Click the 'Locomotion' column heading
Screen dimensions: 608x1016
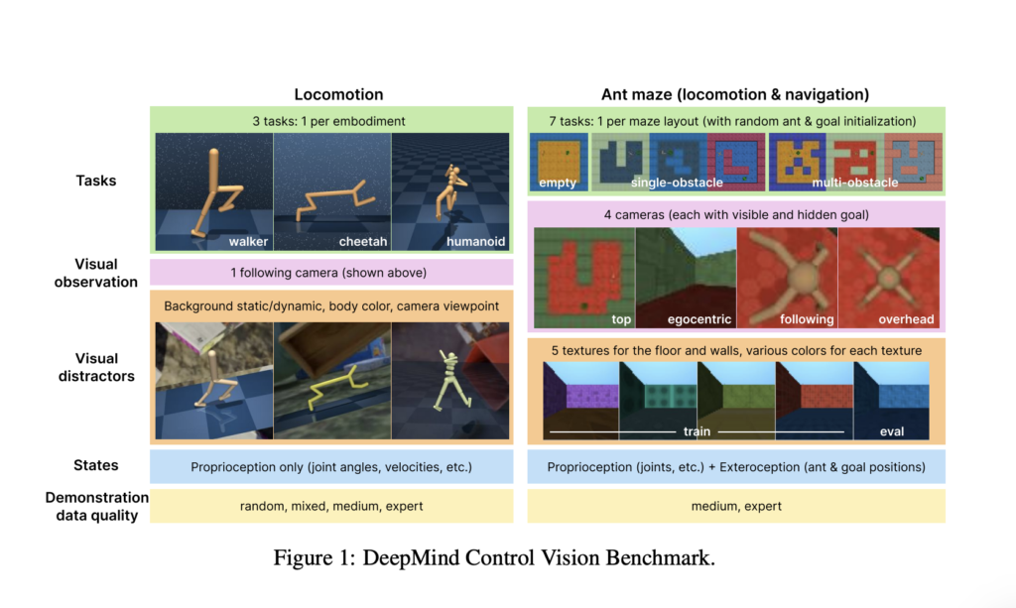(338, 95)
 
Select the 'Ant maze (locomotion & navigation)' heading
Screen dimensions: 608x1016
(735, 95)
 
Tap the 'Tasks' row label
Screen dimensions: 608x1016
(96, 181)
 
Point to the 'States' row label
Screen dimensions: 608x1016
(96, 465)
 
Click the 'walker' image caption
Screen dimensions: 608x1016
(247, 241)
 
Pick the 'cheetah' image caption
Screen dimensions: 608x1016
(365, 241)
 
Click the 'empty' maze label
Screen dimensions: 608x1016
(558, 182)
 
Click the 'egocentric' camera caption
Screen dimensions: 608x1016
(700, 319)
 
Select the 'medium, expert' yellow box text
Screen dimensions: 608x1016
(735, 506)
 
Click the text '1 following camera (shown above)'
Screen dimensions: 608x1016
(330, 273)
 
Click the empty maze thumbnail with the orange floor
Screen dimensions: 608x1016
(559, 156)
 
